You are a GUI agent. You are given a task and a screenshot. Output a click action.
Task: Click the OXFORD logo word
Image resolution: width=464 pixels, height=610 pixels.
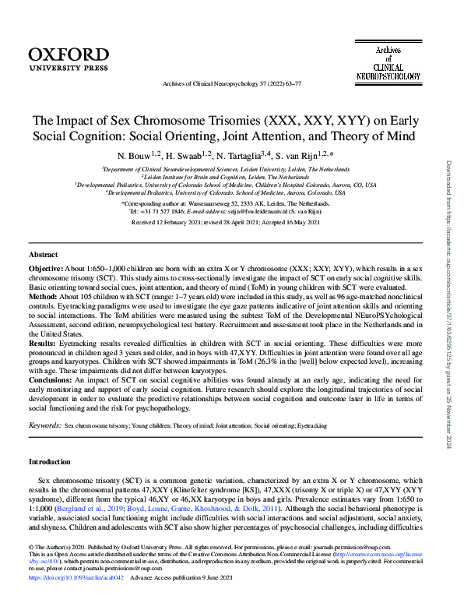[69, 54]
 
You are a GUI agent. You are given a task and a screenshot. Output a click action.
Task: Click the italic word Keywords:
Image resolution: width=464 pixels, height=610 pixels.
[44, 427]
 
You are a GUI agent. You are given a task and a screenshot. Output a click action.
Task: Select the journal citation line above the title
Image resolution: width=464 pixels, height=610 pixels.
[231, 83]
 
